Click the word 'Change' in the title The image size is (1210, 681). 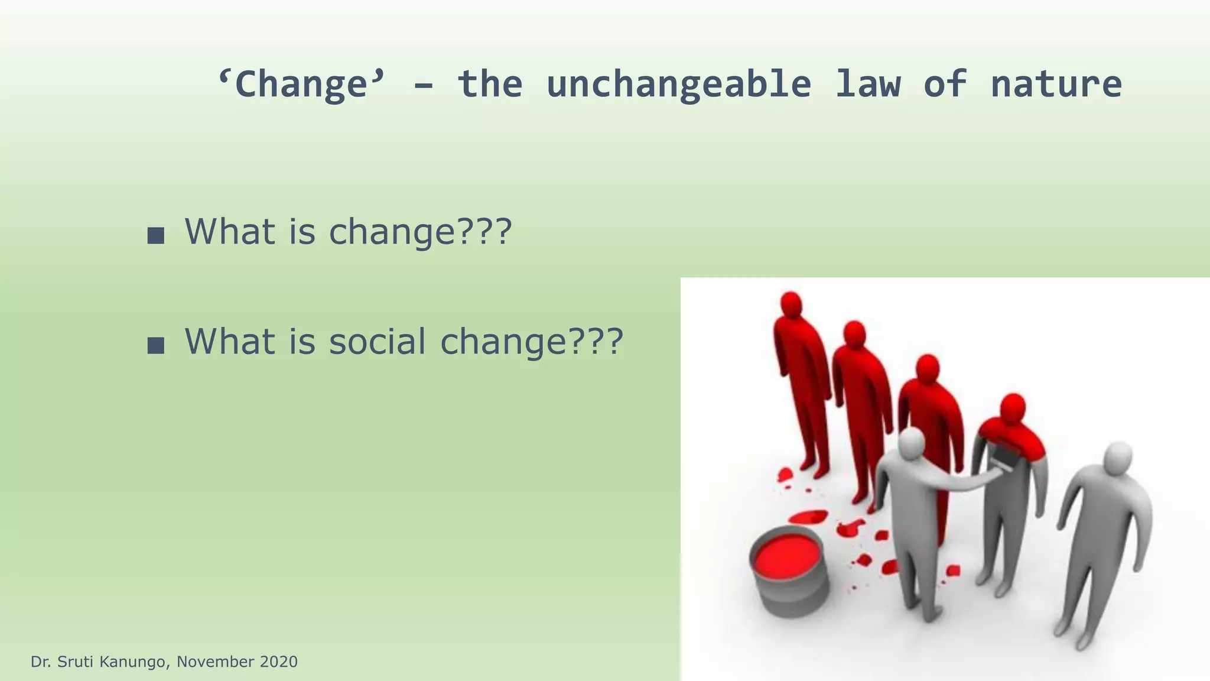(301, 84)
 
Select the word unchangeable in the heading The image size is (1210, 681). (678, 84)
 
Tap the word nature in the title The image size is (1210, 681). (1056, 84)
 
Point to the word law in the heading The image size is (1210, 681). (867, 84)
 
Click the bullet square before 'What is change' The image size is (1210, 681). (155, 235)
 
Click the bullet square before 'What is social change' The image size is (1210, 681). (155, 345)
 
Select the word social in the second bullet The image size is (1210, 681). (377, 342)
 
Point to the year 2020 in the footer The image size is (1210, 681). (278, 661)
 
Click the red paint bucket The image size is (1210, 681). (788, 570)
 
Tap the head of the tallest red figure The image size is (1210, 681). (791, 305)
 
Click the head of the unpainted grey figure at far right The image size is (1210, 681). (1118, 457)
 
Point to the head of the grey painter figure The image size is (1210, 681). (912, 443)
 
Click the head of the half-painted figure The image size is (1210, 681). (1013, 408)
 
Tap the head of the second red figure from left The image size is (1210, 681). (854, 335)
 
